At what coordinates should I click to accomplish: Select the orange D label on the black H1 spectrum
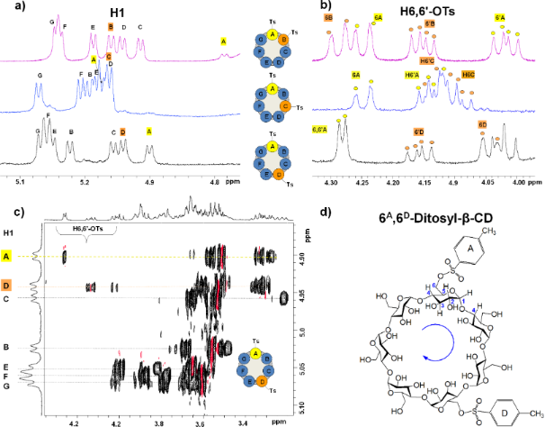123,132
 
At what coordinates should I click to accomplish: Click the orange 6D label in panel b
482,123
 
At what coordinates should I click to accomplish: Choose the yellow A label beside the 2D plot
8,257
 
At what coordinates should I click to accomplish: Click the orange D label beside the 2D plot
8,286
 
